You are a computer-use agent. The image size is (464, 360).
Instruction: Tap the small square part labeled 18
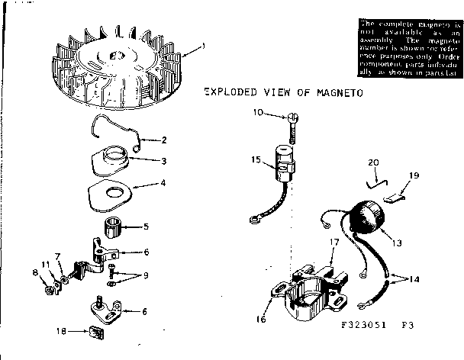coord(97,333)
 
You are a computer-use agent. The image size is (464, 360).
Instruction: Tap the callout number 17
coord(333,243)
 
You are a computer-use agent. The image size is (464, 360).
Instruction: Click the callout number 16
coord(262,320)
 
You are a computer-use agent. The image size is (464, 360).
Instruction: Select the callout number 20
coord(372,162)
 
